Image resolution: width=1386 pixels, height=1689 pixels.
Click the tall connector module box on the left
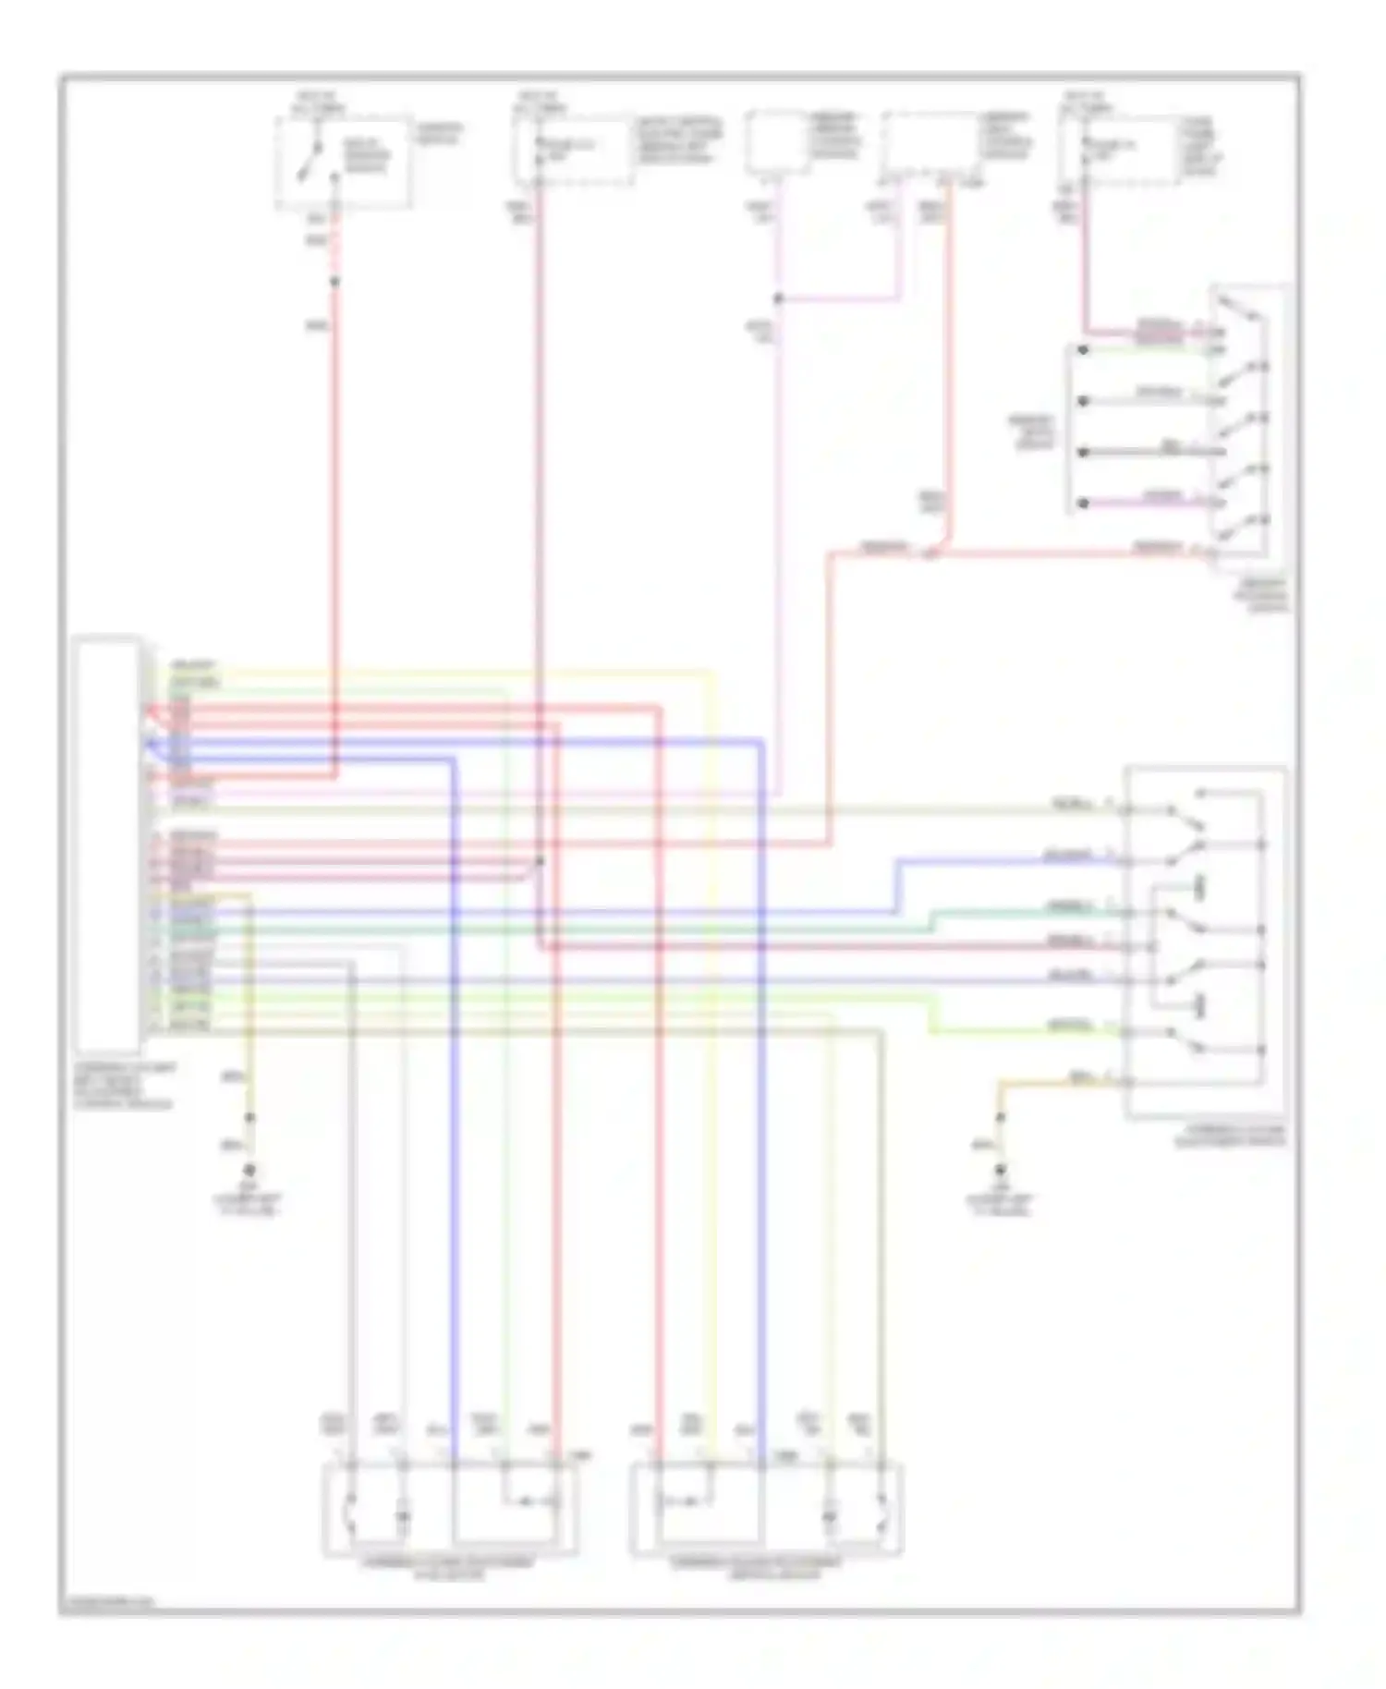tap(109, 844)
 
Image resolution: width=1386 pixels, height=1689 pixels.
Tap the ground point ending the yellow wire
tap(249, 1171)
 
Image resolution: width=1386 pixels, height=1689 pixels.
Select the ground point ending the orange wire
tap(1000, 1170)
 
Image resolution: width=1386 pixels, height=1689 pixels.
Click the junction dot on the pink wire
tap(778, 298)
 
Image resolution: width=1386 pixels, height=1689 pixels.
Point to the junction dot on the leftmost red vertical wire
tap(334, 282)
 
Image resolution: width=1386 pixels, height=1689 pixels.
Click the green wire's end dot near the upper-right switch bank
tap(1083, 350)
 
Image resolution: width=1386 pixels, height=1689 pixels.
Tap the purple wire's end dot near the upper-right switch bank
tap(1083, 504)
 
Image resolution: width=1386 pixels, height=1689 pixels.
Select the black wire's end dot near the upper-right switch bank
tap(1083, 453)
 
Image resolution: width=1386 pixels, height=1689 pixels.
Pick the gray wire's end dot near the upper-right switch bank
tap(1083, 401)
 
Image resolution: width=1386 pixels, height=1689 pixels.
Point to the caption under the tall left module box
tap(125, 1085)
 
